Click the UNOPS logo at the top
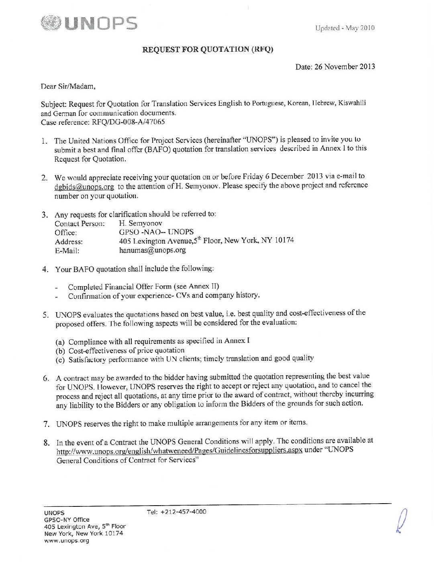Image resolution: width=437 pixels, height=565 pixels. click(x=89, y=23)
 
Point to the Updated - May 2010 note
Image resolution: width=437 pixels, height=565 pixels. click(x=345, y=28)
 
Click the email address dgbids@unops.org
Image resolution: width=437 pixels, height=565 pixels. click(x=84, y=187)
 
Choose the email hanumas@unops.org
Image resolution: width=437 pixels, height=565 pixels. click(x=153, y=250)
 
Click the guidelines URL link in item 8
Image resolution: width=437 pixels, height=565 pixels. click(x=179, y=450)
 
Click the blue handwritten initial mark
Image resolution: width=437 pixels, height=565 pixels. click(x=402, y=519)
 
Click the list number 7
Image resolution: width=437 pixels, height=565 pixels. click(x=47, y=424)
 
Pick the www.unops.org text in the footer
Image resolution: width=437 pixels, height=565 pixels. click(x=67, y=541)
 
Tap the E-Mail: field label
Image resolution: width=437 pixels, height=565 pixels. click(x=67, y=251)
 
